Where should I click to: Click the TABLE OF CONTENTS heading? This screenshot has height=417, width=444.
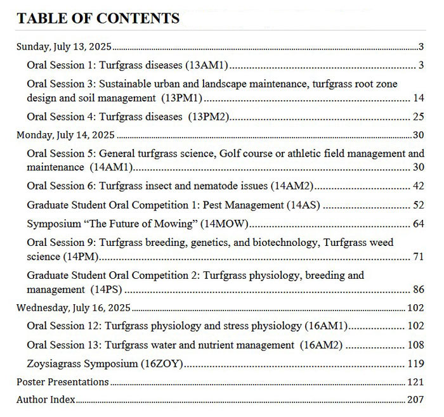click(98, 18)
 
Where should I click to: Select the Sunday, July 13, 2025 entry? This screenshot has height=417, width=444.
click(63, 46)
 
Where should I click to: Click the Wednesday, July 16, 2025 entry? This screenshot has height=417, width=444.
click(74, 307)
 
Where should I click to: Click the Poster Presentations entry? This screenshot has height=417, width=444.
click(63, 382)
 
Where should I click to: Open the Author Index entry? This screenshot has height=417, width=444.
click(46, 400)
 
